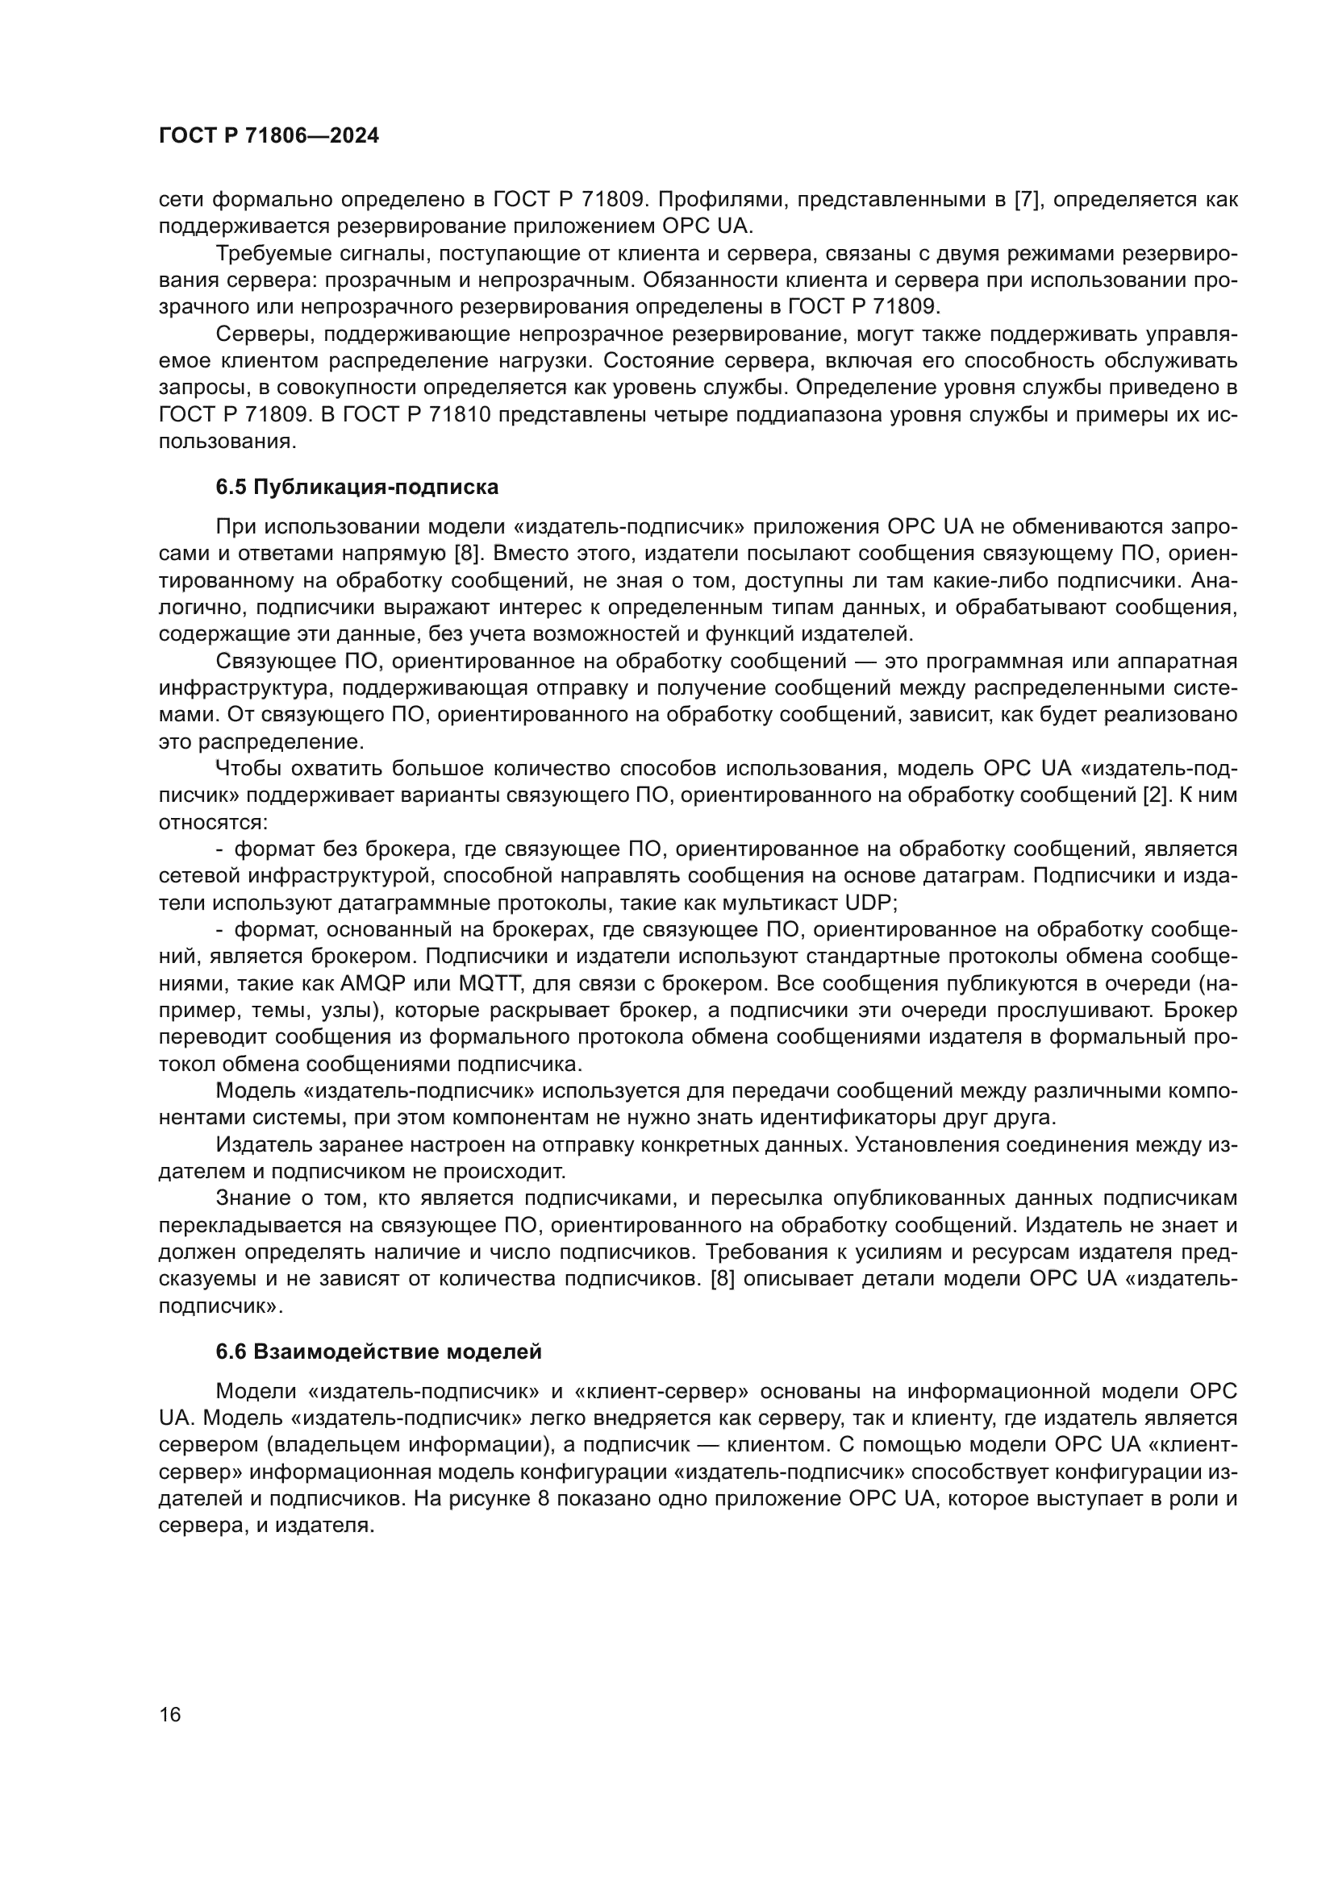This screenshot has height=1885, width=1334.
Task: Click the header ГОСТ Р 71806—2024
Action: pos(269,136)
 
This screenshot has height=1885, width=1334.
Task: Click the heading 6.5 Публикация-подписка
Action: pos(356,487)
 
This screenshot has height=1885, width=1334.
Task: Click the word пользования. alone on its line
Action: pos(226,442)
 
